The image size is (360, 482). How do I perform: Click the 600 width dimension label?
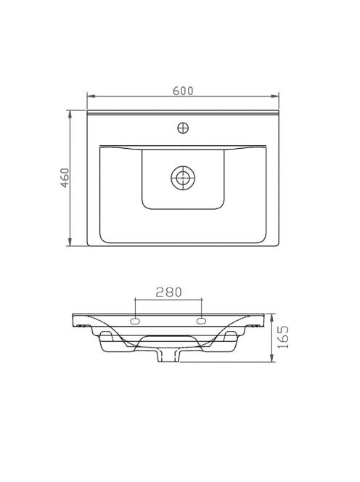(x=183, y=91)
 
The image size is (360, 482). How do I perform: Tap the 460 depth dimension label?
(x=65, y=178)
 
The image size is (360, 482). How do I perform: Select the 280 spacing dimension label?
(x=168, y=292)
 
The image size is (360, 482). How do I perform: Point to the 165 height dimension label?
(x=283, y=337)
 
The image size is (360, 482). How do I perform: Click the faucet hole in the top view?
(x=183, y=128)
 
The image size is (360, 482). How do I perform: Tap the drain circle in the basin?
(x=183, y=178)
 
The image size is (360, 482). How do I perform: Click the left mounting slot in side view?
(x=135, y=322)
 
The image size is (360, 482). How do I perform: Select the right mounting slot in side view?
(x=201, y=322)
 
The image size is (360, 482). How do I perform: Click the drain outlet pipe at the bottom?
(x=168, y=356)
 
